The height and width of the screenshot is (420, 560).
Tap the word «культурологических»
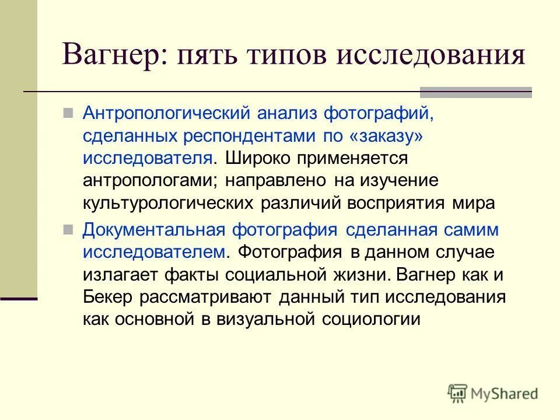tap(168, 203)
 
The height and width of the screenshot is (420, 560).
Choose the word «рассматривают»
tap(206, 297)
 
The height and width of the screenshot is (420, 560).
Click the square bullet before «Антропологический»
tap(68, 112)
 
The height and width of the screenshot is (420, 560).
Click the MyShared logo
tap(493, 393)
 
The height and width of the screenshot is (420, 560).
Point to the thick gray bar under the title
tap(476, 92)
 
